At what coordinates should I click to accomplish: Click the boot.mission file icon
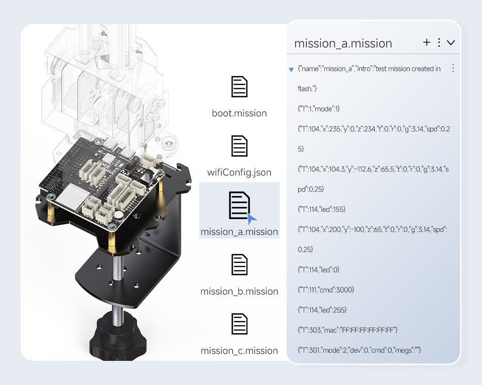(x=239, y=86)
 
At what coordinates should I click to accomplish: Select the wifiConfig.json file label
(x=239, y=172)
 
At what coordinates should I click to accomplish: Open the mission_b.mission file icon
(x=239, y=264)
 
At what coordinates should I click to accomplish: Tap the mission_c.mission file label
(x=239, y=350)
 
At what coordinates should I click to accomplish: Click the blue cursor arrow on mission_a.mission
(x=252, y=219)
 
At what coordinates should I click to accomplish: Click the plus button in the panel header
(x=427, y=42)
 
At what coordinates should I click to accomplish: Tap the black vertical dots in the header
(x=439, y=42)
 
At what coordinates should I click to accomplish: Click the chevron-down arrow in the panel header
(x=451, y=43)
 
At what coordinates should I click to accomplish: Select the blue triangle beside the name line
(x=291, y=70)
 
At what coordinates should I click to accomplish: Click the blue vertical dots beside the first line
(x=453, y=68)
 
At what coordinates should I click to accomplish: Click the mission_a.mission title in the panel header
(x=343, y=44)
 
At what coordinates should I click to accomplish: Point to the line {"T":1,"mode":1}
(x=318, y=109)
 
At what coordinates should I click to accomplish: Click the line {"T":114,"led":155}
(x=321, y=209)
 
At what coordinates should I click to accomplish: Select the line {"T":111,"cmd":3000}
(x=326, y=290)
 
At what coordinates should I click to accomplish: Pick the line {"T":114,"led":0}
(x=318, y=269)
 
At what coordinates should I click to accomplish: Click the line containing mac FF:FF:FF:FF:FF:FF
(x=347, y=330)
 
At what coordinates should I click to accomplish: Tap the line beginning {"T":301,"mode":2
(x=359, y=350)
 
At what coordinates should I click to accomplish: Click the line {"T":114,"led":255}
(x=322, y=310)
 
